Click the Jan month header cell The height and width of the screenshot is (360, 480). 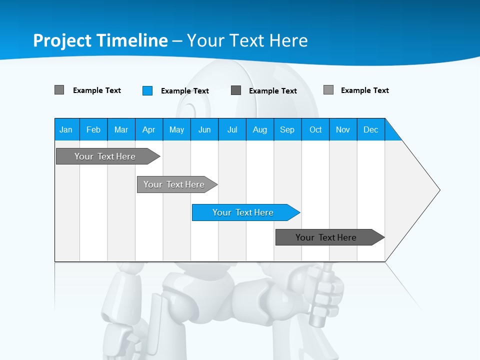66,129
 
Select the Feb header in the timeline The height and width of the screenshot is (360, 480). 93,129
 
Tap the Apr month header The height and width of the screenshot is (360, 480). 149,129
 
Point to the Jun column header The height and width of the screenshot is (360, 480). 204,129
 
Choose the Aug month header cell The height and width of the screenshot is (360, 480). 260,129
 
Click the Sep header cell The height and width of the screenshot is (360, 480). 287,129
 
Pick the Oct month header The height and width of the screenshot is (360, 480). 315,129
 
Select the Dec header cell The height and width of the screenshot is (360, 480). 371,129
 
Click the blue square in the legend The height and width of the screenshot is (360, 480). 147,90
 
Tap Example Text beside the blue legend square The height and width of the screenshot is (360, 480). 185,91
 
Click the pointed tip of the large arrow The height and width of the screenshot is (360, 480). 438,190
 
